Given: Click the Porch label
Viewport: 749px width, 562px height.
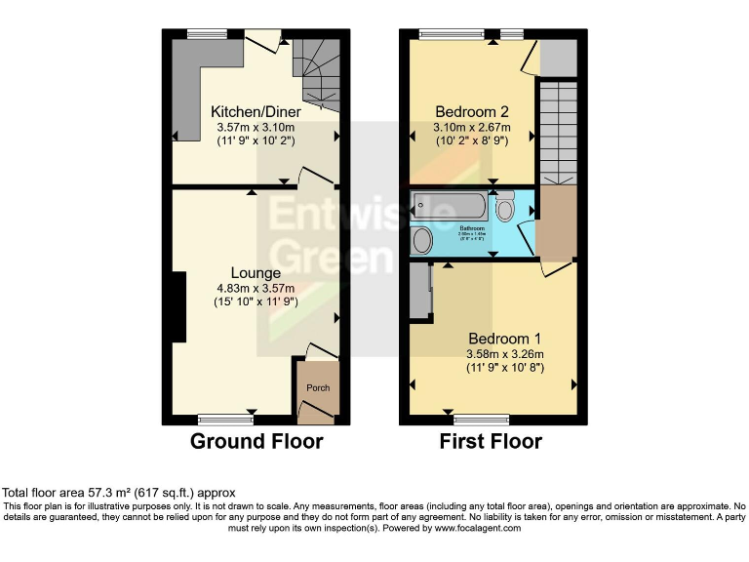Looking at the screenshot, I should [x=319, y=387].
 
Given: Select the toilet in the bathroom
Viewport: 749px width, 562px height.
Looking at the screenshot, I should [x=505, y=207].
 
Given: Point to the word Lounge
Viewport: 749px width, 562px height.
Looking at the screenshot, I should [x=256, y=272].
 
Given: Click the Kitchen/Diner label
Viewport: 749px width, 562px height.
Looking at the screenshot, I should [x=256, y=112].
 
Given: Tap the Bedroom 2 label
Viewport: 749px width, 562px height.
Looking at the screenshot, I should [x=471, y=111].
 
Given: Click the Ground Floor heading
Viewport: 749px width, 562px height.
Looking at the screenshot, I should [x=256, y=441].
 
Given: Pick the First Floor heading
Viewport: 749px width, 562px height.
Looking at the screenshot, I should [x=492, y=441].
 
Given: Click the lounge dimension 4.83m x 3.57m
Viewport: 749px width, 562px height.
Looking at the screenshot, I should [x=256, y=288].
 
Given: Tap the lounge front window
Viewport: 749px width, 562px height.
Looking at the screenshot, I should [x=225, y=420].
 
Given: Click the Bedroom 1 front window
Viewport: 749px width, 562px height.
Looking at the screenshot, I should [x=481, y=420].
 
